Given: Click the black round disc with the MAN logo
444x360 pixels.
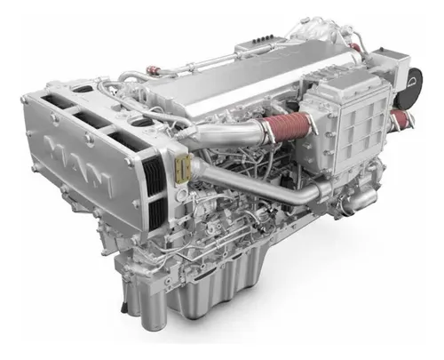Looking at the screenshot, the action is click(413, 83).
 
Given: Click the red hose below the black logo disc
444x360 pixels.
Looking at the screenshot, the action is click(402, 117).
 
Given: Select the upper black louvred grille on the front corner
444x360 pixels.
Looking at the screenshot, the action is click(155, 175).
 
